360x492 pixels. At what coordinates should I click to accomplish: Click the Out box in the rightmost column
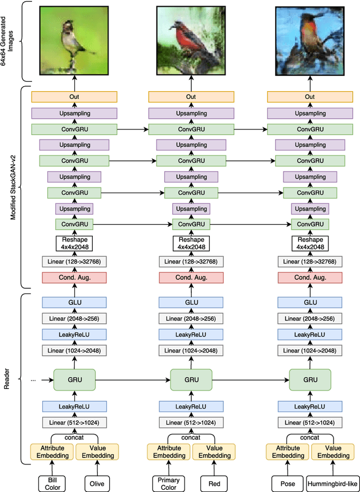coord(310,97)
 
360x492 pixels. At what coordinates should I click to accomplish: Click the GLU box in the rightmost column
coord(310,302)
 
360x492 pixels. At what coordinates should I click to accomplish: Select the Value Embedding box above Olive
coord(97,451)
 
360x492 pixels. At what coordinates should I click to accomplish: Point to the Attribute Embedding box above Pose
coord(287,451)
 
